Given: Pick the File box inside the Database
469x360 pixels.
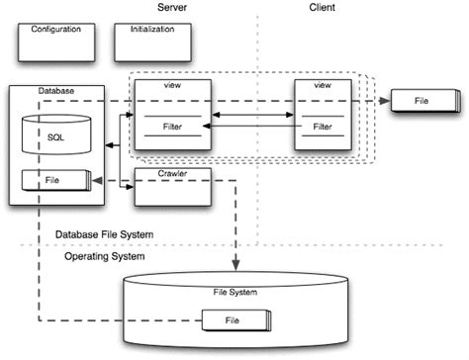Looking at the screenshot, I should tap(55, 181).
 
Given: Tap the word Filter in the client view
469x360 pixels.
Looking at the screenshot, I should tap(323, 127).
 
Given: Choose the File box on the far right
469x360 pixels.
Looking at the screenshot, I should tap(422, 101).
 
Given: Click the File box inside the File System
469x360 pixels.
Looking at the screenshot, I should tap(233, 320).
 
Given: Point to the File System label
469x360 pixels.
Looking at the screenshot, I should tap(234, 291).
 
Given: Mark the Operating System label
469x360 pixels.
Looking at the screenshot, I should tap(105, 256).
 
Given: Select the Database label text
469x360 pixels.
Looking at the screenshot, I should tap(56, 91).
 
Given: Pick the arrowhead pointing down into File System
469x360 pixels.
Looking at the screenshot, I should tap(235, 264).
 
